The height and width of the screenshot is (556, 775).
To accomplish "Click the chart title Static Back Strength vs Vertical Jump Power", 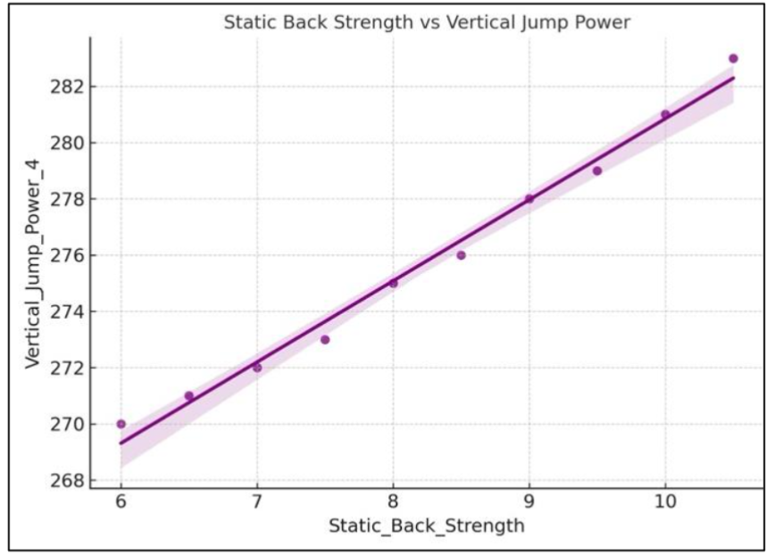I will (427, 22).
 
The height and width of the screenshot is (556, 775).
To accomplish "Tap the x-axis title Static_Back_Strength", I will (426, 526).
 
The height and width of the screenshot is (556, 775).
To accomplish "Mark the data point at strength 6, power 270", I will (121, 424).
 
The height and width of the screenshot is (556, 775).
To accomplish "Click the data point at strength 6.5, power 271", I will (189, 395).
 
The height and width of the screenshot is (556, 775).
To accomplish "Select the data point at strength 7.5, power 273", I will (325, 339).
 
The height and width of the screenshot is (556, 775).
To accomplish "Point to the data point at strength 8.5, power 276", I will (461, 255).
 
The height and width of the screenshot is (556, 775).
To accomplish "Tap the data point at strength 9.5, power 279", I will (597, 170).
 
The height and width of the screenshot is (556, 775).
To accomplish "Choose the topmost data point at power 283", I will (733, 58).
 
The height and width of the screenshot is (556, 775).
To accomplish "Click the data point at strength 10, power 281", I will (665, 114).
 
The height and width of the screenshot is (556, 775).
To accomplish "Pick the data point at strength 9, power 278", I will (529, 199).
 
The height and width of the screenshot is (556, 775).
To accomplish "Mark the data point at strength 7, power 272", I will (257, 368).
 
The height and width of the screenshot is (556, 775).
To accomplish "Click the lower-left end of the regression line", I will (121, 443).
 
